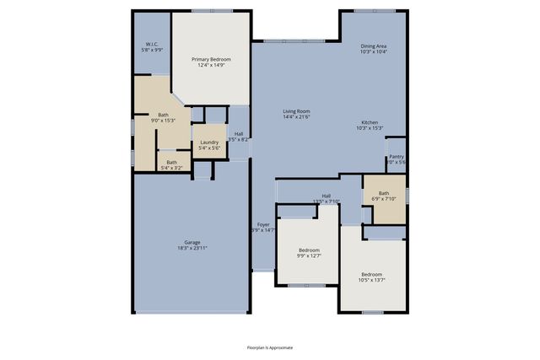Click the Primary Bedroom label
[211, 59]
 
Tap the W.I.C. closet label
[152, 44]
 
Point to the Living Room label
[296, 111]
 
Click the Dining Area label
[374, 46]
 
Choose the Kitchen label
[370, 122]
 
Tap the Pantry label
[396, 156]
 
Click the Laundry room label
[208, 142]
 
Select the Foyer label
[264, 224]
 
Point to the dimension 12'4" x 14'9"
[211, 66]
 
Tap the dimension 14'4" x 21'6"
[296, 118]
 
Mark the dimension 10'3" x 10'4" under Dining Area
[374, 53]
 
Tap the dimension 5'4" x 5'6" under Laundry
[208, 149]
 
